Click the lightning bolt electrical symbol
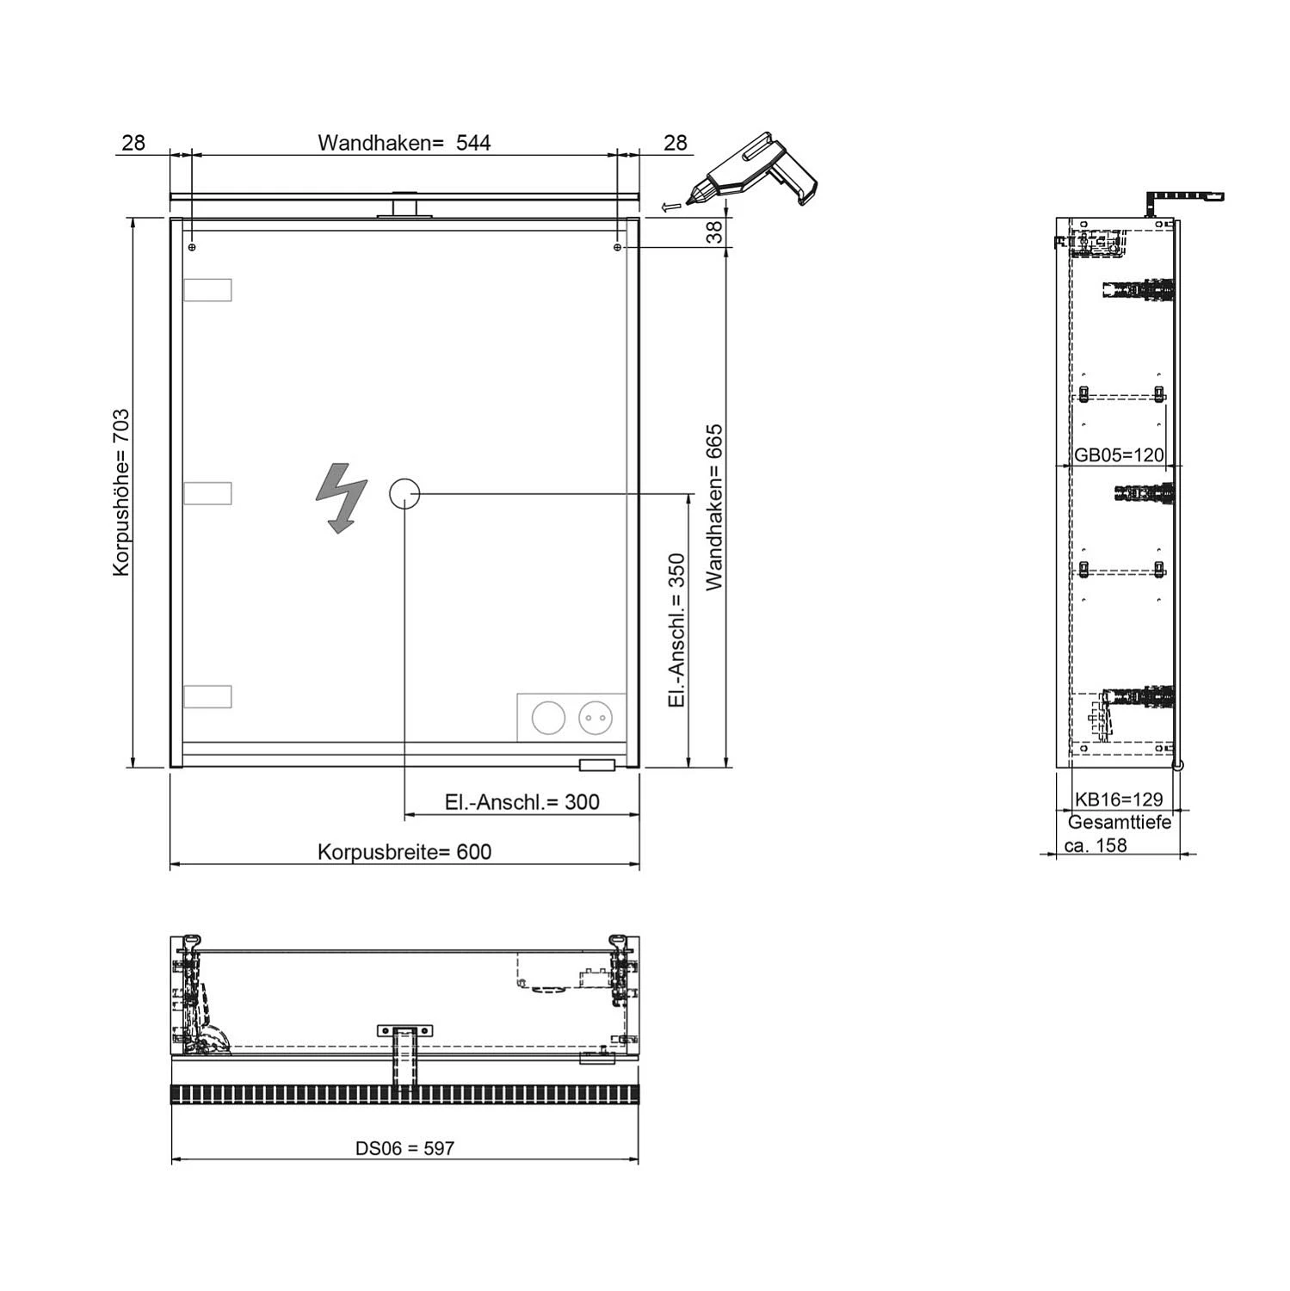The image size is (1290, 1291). pos(342,497)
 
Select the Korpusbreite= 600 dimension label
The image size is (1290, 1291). pos(404,852)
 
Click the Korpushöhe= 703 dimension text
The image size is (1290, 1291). pos(121,492)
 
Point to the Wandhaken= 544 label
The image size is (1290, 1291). pos(404,143)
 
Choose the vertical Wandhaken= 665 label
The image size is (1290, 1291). pos(715,508)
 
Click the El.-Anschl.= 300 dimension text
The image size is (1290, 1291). pos(522,802)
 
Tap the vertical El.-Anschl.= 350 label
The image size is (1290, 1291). pos(677,631)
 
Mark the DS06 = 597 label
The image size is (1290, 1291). pos(404,1148)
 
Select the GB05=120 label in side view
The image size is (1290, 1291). pos(1119,455)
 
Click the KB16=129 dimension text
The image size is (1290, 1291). pos(1119,800)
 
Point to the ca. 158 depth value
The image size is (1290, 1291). pos(1096,845)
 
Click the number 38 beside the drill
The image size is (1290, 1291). pos(715,232)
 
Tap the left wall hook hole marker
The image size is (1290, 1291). pos(192,248)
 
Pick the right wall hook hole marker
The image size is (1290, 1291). pos(617,248)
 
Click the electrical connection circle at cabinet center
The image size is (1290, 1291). pos(404,494)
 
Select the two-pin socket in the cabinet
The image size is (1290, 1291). pos(596,717)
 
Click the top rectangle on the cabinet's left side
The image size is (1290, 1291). pos(207,290)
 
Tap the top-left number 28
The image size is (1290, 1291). pos(133,143)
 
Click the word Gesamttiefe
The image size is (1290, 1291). pos(1120,823)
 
